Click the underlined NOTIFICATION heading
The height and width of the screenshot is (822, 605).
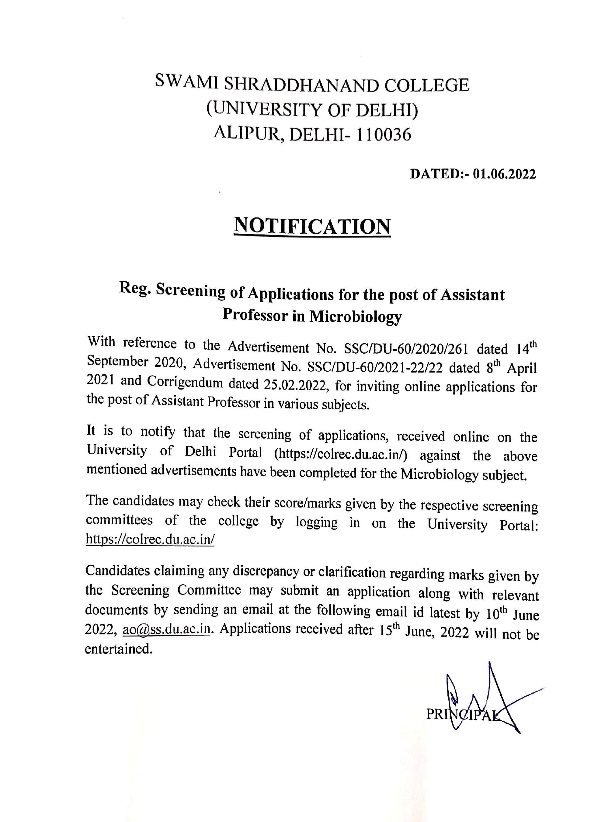(x=312, y=226)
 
